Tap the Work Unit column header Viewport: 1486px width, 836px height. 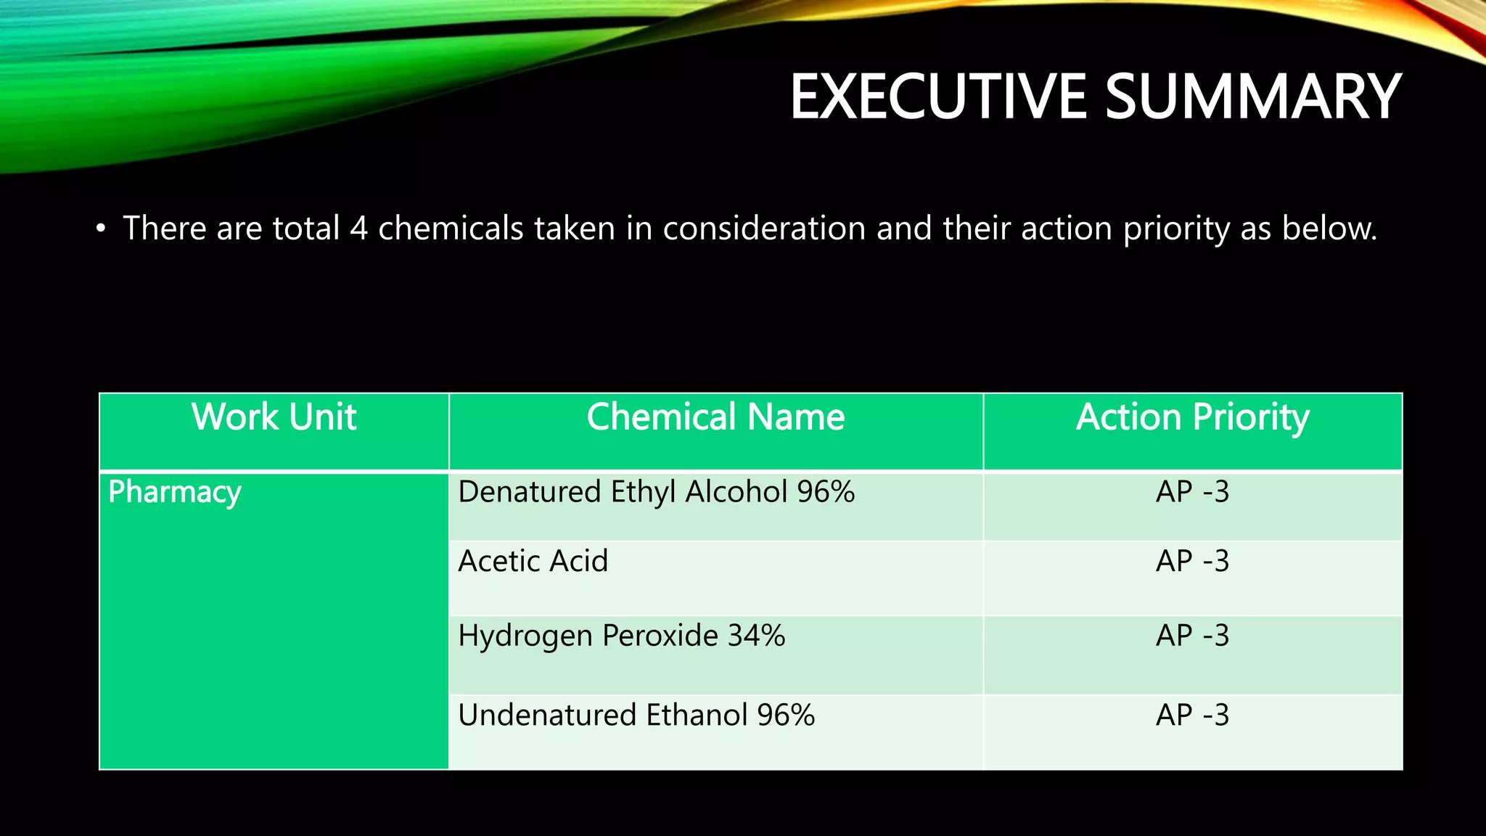[274, 417]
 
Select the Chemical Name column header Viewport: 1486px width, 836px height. [715, 417]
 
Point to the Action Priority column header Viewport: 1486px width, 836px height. [1192, 417]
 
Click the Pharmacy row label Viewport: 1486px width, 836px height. [174, 492]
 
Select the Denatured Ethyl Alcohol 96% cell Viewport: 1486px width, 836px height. [656, 492]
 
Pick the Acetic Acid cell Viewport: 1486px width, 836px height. [533, 561]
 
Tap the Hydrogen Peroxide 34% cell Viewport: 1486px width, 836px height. [621, 636]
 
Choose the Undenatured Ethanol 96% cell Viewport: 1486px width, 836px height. [636, 715]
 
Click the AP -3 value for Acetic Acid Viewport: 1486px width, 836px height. [1192, 561]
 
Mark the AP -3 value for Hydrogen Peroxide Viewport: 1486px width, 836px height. [1192, 636]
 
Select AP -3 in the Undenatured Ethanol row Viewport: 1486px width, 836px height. [1192, 715]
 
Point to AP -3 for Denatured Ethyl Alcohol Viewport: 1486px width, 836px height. [1192, 492]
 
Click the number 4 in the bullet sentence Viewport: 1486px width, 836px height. [358, 229]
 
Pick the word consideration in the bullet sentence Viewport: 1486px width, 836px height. [764, 229]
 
